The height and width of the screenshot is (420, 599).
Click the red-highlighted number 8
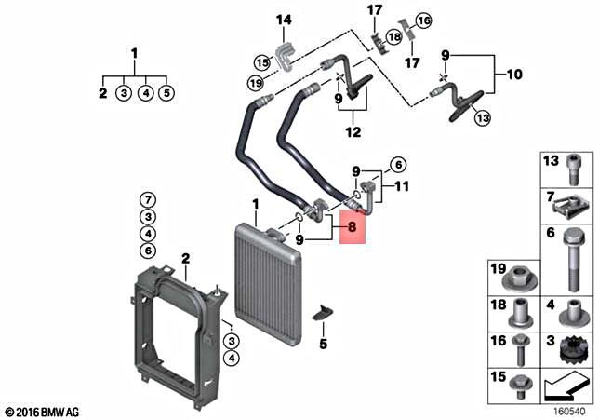[352, 224]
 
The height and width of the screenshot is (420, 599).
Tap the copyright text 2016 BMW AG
[44, 411]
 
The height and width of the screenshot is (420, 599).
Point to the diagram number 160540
[568, 409]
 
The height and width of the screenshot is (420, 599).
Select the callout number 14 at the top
[284, 20]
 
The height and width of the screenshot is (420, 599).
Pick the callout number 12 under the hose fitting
[353, 132]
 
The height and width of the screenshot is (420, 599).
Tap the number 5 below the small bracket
[323, 344]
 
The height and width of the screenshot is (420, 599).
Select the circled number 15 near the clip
[261, 62]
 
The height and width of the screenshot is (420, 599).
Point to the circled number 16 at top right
[423, 20]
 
